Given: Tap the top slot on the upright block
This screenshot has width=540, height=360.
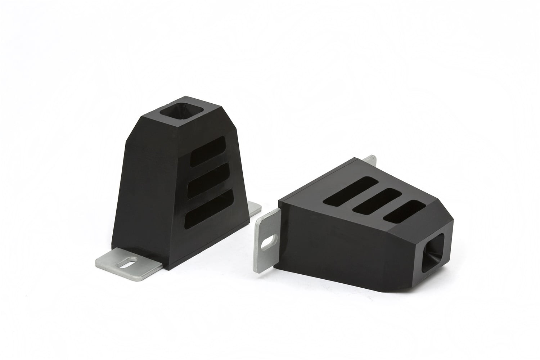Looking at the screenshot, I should coord(211,151).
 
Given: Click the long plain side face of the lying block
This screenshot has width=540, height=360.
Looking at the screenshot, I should coord(346,245).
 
